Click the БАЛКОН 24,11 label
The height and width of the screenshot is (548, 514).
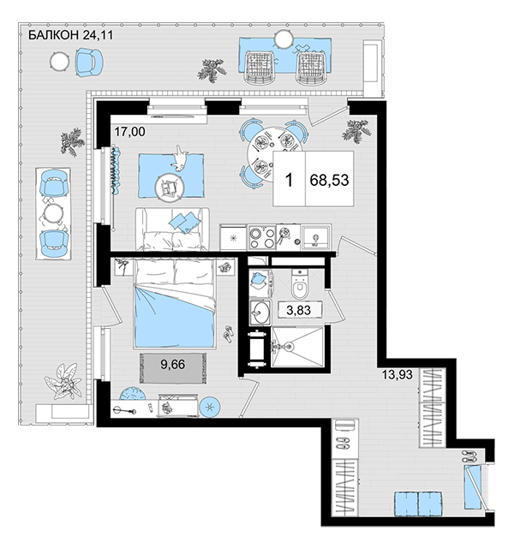(70, 35)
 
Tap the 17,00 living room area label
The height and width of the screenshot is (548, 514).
(129, 132)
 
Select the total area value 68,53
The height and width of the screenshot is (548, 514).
(329, 180)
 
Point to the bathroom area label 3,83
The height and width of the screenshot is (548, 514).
(299, 310)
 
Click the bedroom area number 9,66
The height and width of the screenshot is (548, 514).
(173, 365)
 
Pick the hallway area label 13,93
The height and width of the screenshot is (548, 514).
(397, 375)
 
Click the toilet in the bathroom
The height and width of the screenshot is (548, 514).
(299, 283)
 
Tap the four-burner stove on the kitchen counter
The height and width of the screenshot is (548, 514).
(261, 238)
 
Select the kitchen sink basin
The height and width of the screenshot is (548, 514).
(316, 237)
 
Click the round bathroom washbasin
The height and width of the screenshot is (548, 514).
(260, 312)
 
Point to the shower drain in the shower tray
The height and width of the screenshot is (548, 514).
(289, 347)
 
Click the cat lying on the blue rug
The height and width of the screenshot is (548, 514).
(180, 159)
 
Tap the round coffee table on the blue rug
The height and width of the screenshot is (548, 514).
(170, 188)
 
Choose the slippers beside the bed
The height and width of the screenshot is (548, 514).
(230, 334)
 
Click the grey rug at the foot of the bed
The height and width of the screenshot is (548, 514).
(173, 368)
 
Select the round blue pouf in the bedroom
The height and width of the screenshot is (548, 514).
(210, 407)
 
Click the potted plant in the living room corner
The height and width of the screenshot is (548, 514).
(356, 131)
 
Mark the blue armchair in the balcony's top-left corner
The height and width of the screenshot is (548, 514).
(89, 63)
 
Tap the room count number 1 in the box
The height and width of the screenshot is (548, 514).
(289, 181)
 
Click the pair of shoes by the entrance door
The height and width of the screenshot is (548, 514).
(469, 457)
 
